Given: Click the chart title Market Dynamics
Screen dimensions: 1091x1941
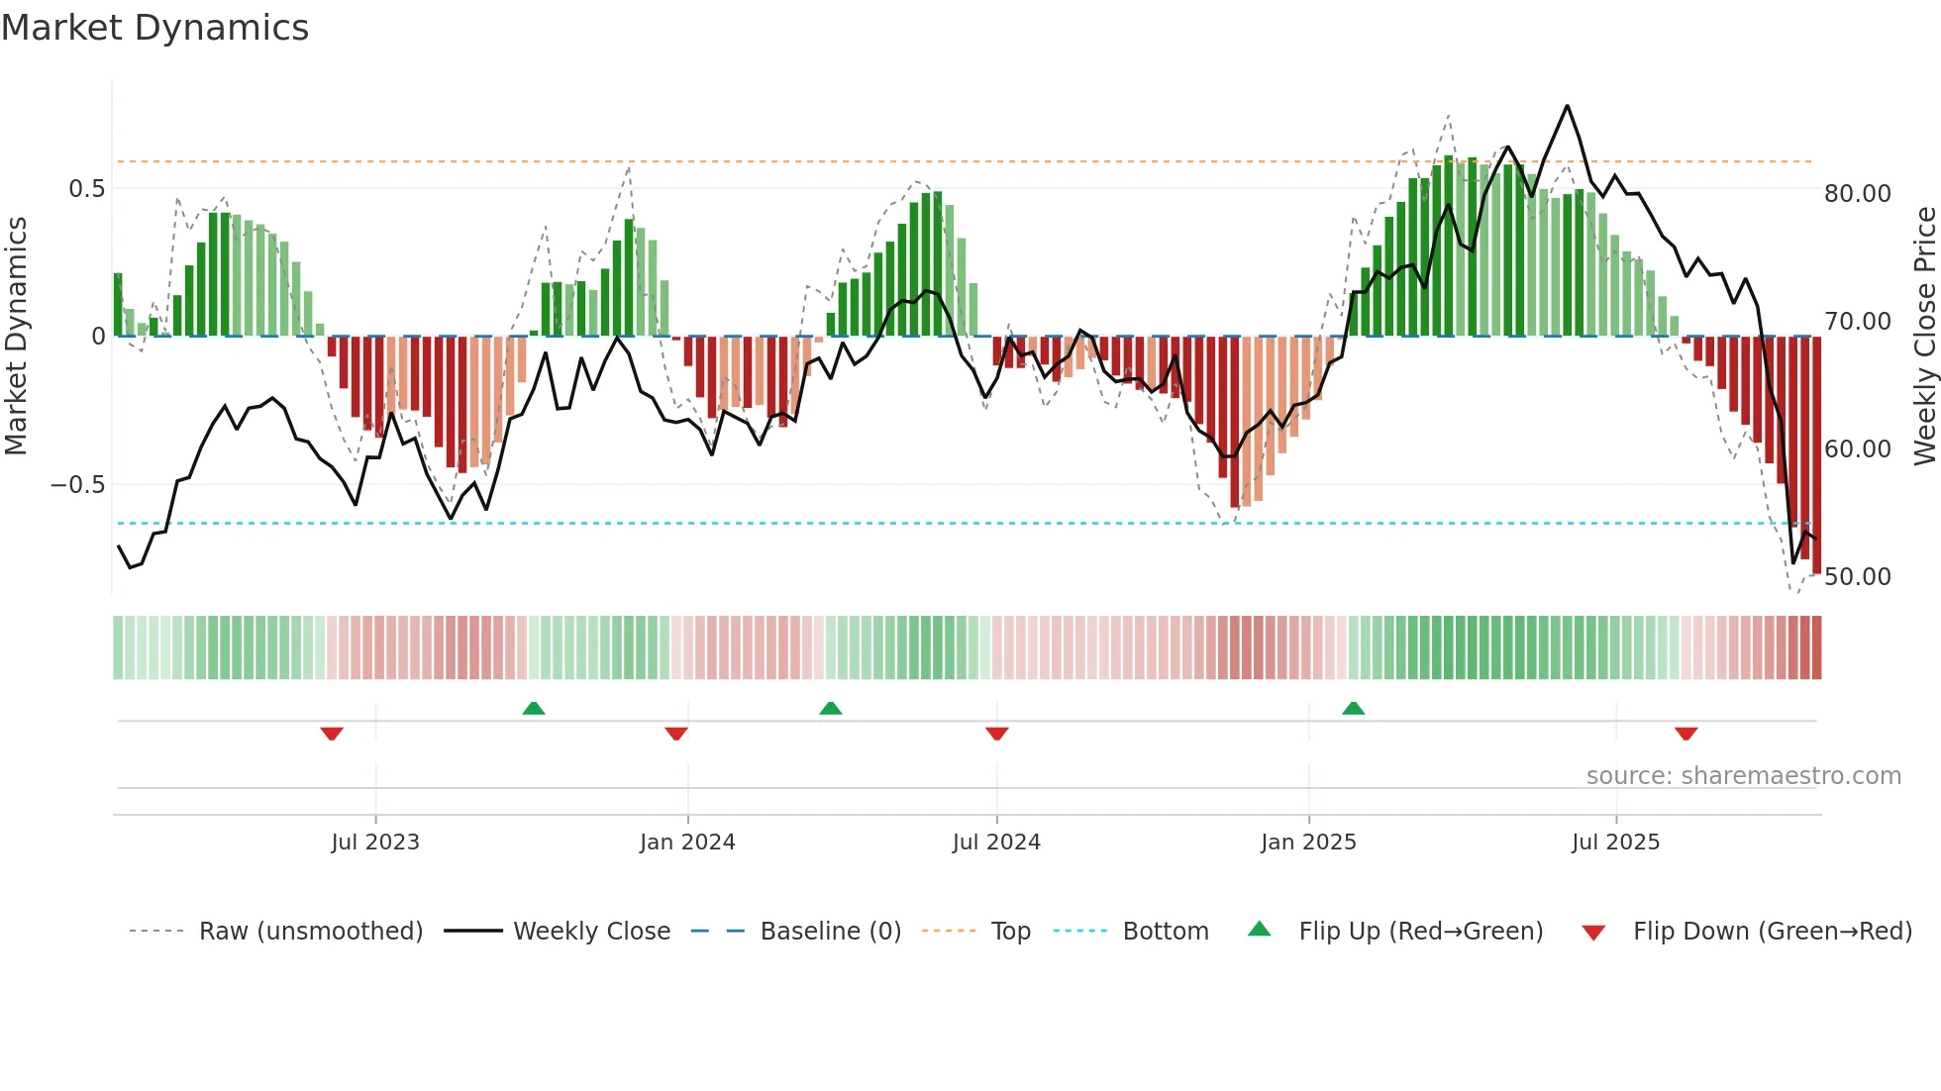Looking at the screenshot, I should coord(155,28).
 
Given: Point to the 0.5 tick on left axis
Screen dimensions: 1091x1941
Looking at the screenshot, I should coord(86,189).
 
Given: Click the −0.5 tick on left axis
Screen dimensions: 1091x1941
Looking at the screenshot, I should coord(78,485).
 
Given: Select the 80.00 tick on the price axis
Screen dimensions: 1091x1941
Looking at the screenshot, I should coord(1857,194).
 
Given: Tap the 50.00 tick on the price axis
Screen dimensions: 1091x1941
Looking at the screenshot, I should coord(1857,577).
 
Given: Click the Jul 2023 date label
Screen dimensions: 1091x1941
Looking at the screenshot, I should coord(375,843).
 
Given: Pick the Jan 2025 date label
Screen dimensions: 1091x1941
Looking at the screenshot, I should coord(1308,843).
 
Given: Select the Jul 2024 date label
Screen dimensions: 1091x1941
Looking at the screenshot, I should coord(996,843).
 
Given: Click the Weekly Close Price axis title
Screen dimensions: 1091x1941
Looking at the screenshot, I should coord(1924,337).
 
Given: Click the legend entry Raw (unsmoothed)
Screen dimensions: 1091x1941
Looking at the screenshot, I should coord(310,932).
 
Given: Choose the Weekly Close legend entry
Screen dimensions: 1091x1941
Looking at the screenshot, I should coord(591,932).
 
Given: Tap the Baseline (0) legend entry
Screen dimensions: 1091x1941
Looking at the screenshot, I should coord(830,932).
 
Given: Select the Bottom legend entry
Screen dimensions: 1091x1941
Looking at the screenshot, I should coord(1165,932).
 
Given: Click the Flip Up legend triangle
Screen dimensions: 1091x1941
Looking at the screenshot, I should coord(1259,929).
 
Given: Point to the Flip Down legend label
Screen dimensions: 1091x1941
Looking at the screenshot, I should coord(1772,932).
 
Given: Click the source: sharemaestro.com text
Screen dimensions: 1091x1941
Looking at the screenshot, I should coord(1743,776).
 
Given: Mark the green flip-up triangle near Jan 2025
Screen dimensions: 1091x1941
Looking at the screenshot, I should coord(1353,708).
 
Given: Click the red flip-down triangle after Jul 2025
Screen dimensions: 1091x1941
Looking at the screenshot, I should coord(1686,734).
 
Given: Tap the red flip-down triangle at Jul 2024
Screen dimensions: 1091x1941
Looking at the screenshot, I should coord(996,734).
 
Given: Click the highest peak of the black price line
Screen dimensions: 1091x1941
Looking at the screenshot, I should coord(1567,106).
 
